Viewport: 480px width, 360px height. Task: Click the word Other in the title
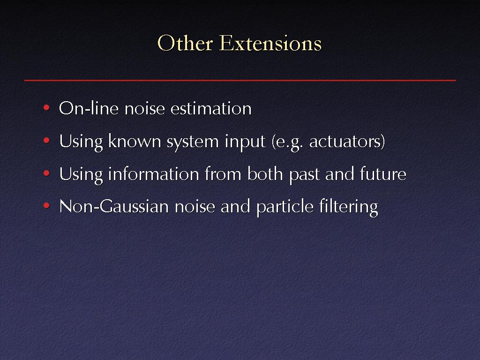pos(185,43)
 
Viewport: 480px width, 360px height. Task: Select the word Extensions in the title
pos(270,43)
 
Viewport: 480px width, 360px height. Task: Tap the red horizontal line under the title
pos(240,80)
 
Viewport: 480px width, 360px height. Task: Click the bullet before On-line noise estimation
pos(46,107)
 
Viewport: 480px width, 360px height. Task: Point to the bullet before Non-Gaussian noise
pos(46,205)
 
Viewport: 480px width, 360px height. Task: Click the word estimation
pos(211,108)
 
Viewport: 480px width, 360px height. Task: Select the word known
pos(135,141)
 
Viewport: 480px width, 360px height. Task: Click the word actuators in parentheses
pos(345,142)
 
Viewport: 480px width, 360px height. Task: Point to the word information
pos(154,173)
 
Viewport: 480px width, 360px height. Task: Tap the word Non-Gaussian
pos(114,206)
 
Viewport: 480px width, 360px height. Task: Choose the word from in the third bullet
pos(223,173)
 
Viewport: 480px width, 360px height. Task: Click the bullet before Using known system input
pos(46,141)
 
